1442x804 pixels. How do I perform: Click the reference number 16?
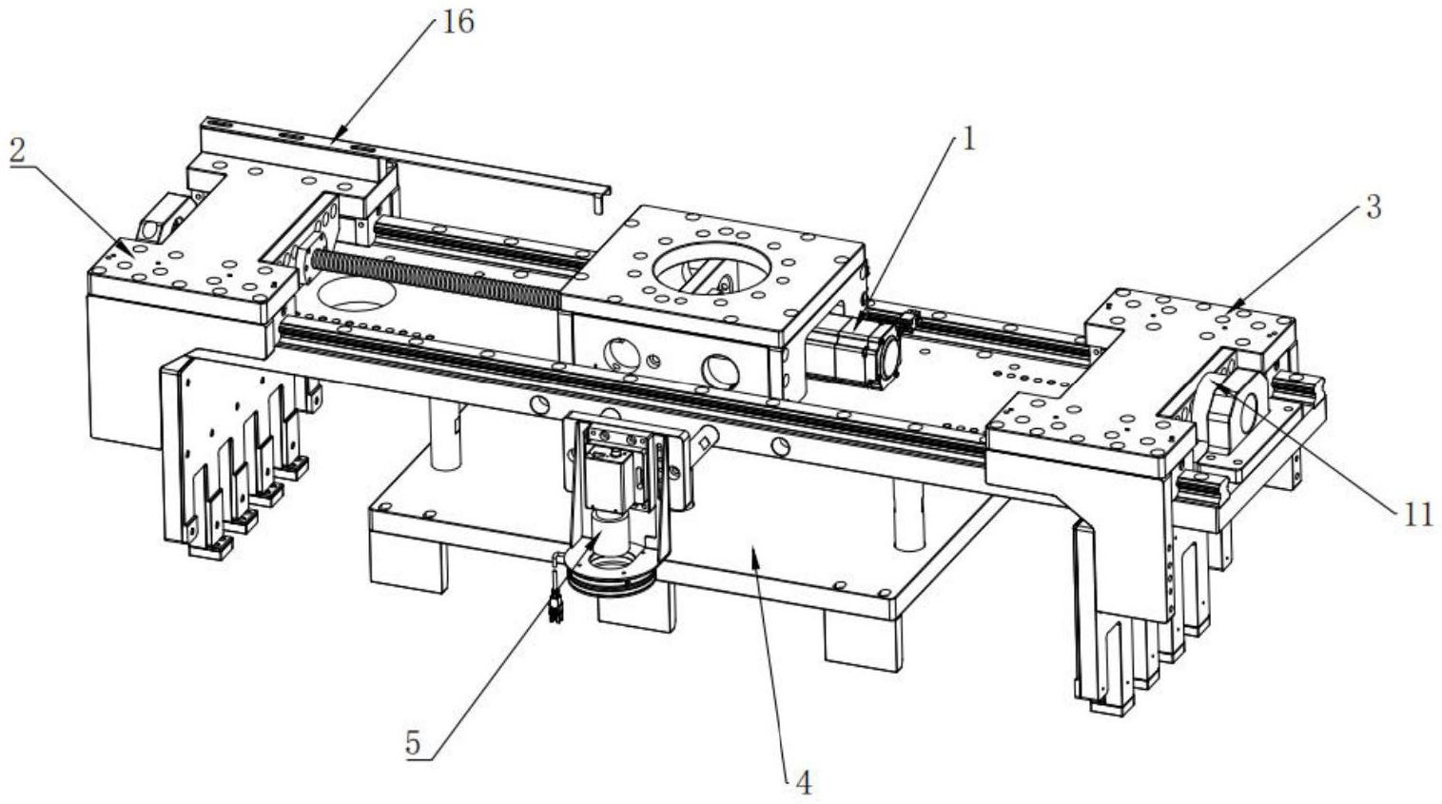[x=458, y=21]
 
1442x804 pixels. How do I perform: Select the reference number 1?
[x=968, y=140]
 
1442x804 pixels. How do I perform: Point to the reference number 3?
[x=1373, y=207]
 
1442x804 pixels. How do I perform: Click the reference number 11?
[x=1417, y=515]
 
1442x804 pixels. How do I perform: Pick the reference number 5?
[x=412, y=742]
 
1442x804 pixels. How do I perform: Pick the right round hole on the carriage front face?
[x=719, y=368]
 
